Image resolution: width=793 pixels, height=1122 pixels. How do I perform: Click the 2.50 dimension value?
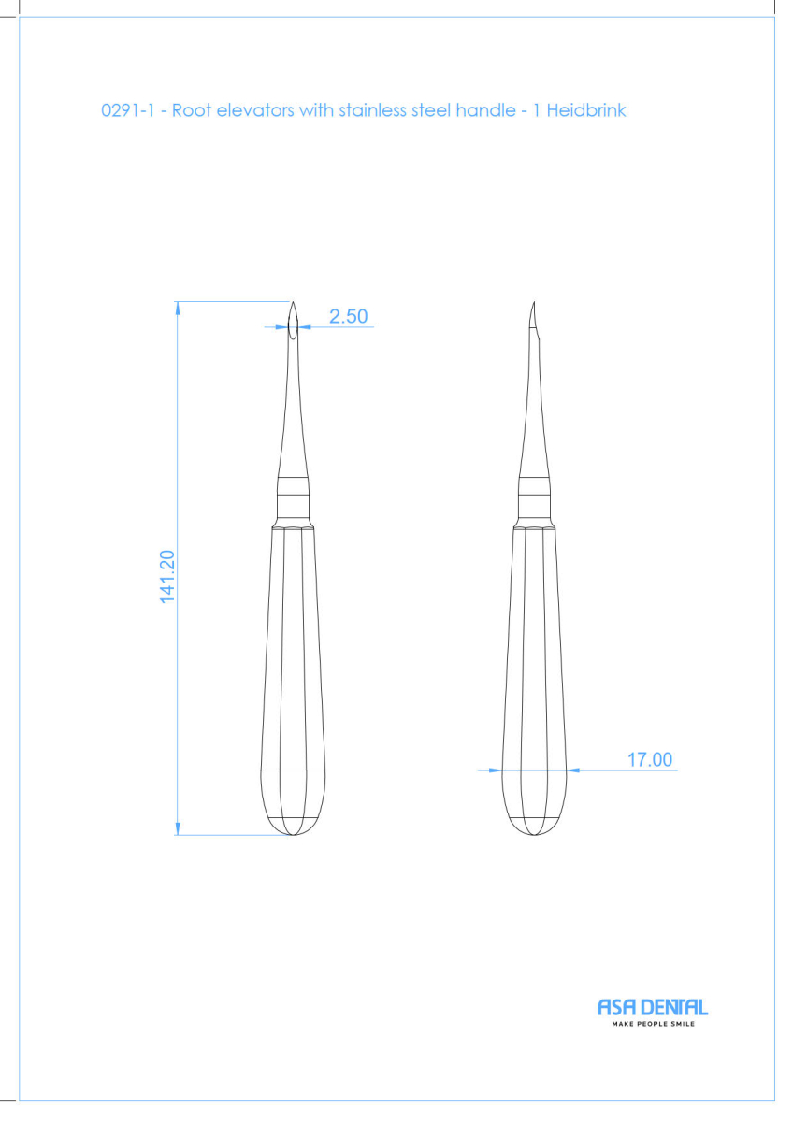pos(348,316)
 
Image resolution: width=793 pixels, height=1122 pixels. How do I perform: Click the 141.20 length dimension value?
pos(167,577)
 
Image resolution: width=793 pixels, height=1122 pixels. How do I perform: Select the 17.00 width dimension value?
pos(650,759)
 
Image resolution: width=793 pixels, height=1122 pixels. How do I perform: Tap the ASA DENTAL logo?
pos(653,1007)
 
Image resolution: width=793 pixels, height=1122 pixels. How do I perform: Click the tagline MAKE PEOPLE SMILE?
pos(654,1024)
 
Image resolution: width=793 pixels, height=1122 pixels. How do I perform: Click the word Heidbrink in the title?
pos(586,110)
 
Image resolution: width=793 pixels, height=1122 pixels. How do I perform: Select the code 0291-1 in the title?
pos(128,110)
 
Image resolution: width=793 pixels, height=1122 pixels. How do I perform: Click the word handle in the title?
pos(485,110)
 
